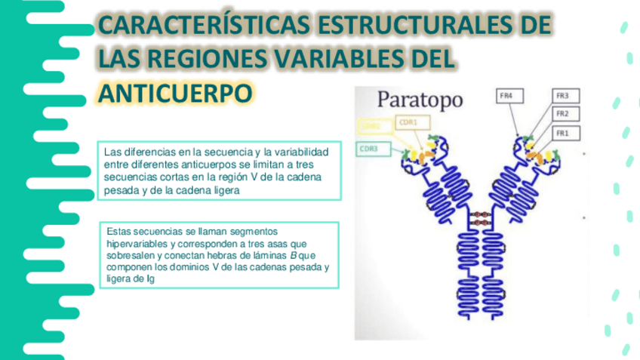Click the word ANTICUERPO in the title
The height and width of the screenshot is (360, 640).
pos(174,92)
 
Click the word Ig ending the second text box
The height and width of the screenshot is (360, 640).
pos(152,280)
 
